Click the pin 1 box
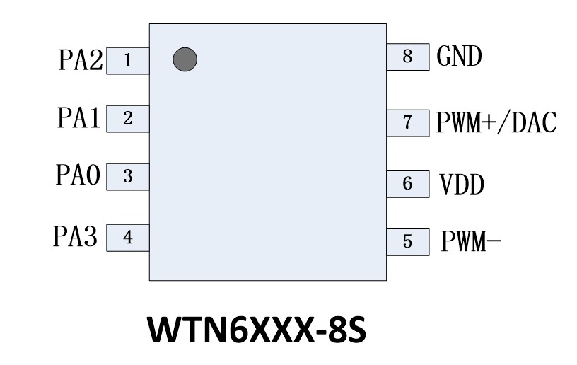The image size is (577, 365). tap(127, 61)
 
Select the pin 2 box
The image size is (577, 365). tap(127, 119)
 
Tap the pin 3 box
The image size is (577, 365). tap(127, 177)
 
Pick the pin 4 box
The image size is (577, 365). tap(127, 238)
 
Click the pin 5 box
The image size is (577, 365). tap(407, 241)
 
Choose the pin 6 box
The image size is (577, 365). tap(407, 184)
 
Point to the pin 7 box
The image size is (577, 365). tap(407, 122)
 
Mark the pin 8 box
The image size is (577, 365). tap(407, 57)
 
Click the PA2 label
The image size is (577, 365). tap(80, 62)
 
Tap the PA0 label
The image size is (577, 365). tap(78, 176)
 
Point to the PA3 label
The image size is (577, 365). tap(76, 236)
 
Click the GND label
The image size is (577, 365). tap(460, 57)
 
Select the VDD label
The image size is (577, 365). tap(462, 185)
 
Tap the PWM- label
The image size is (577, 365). tap(471, 242)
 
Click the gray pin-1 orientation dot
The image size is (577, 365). tap(185, 59)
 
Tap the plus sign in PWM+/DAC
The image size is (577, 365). tap(491, 123)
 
